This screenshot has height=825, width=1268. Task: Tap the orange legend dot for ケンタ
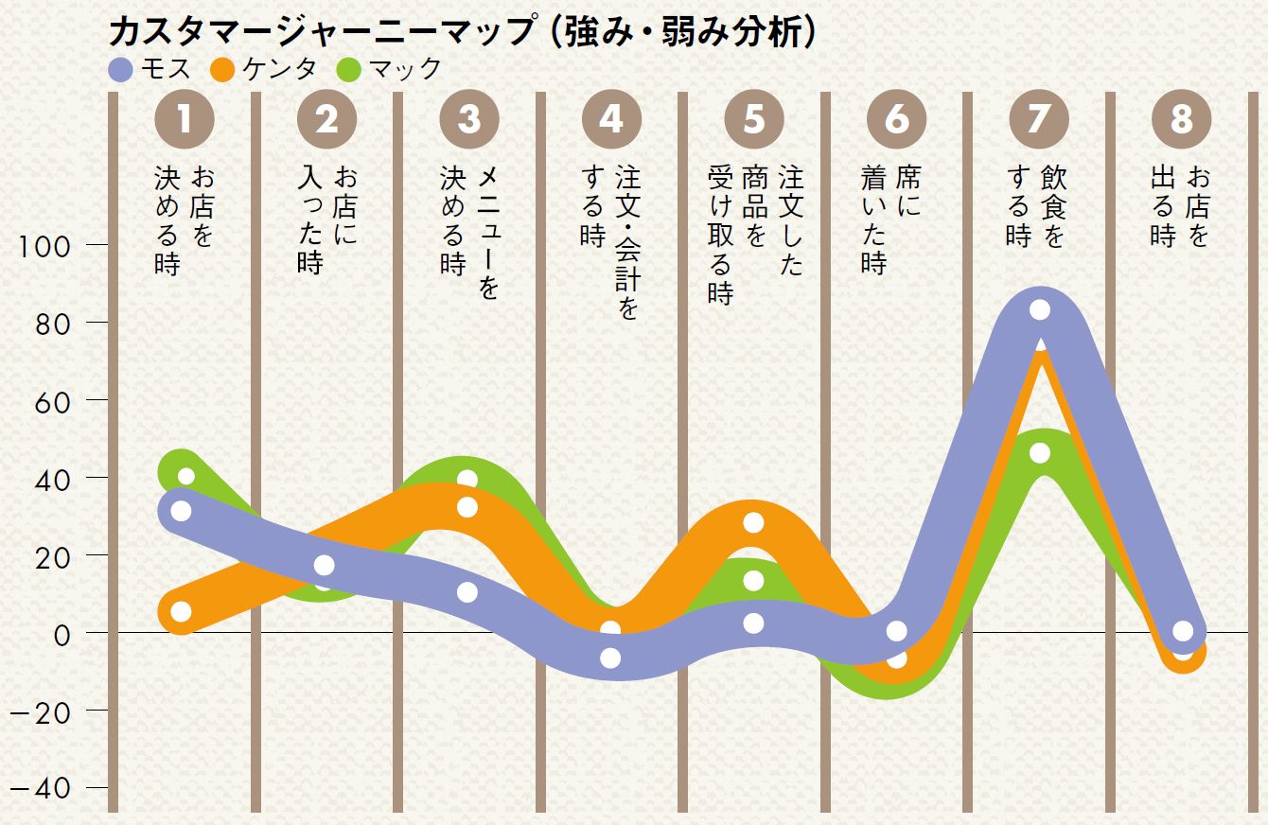223,69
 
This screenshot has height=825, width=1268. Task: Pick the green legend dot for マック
348,69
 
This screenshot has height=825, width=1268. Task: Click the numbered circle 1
185,119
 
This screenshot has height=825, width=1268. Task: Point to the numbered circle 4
611,119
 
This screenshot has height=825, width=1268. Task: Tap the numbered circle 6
896,119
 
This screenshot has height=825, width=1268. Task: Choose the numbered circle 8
1181,119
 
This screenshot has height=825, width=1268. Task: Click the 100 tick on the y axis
44,247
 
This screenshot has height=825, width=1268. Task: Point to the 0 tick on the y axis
62,634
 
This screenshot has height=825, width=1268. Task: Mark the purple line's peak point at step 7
1040,310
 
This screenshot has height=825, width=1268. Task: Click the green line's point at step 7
1040,453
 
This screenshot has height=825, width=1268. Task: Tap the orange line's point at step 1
181,612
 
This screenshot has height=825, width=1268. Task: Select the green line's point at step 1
185,476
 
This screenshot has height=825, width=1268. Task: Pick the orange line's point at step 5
753,522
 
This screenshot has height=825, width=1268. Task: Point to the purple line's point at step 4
611,658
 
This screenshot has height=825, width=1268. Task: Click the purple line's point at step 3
467,592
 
